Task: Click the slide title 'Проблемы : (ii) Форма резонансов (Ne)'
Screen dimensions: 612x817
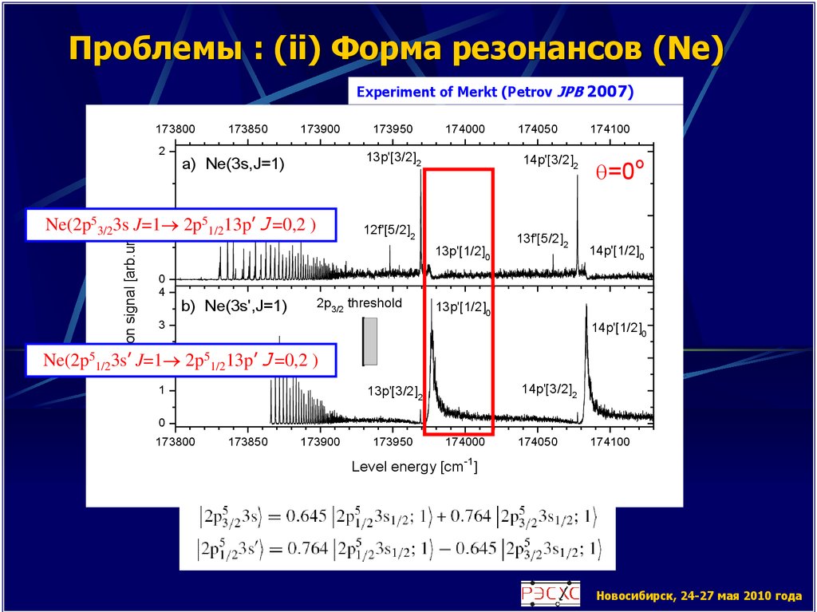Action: click(396, 52)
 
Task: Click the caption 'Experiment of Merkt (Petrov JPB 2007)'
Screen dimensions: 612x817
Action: click(495, 92)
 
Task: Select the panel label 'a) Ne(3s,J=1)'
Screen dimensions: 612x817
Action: click(234, 165)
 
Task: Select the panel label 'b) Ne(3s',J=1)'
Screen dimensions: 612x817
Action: click(235, 306)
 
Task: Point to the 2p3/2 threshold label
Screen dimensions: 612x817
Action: click(359, 304)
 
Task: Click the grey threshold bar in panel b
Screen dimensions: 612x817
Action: click(370, 341)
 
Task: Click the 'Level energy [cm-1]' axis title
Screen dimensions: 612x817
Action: click(414, 467)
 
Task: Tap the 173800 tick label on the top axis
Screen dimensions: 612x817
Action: click(175, 128)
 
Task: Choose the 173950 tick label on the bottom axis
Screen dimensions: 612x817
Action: click(393, 440)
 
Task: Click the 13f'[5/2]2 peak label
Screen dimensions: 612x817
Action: click(543, 239)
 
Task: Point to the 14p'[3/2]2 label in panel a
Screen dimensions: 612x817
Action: click(551, 160)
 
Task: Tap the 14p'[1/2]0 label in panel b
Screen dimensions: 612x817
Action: click(618, 326)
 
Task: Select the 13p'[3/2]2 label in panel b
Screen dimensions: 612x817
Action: click(395, 392)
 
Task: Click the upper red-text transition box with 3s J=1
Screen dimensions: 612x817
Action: click(180, 226)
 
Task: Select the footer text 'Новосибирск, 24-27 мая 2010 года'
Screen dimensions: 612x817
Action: click(698, 595)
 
